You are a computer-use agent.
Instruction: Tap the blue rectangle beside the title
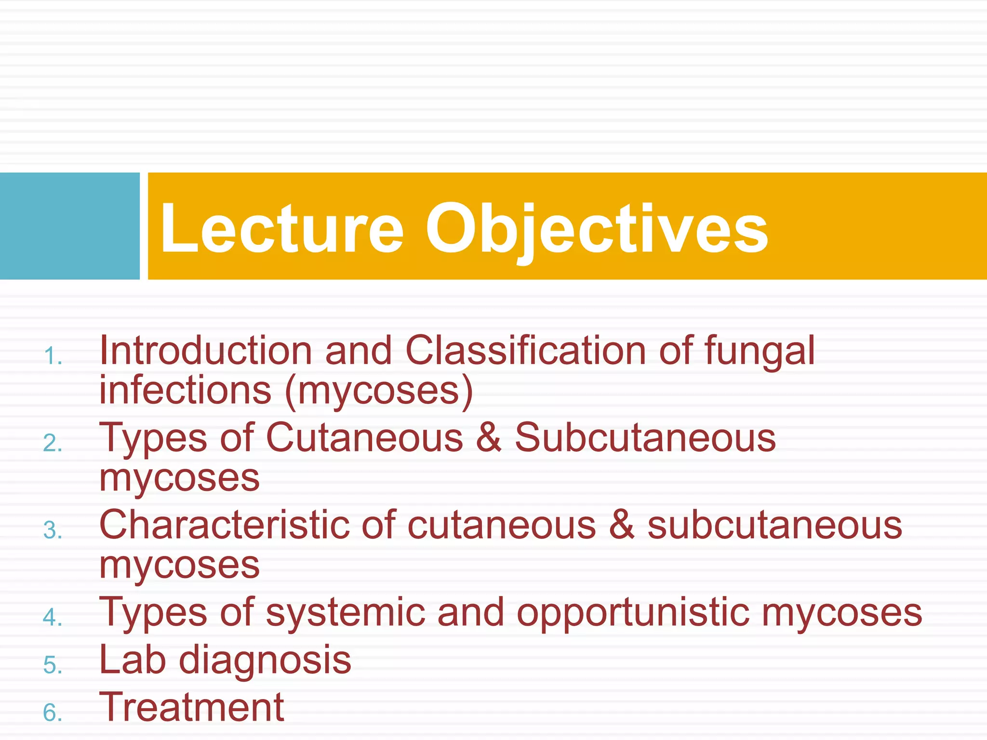coord(69,226)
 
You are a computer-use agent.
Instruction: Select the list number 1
coord(53,357)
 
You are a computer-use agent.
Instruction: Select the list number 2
coord(53,443)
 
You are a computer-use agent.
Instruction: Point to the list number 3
coord(53,530)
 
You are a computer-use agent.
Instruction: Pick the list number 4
coord(53,618)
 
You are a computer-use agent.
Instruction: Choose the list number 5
coord(53,665)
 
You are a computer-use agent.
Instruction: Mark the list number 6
coord(53,713)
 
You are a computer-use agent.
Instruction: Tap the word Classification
coord(525,350)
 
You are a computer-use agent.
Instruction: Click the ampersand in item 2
coord(489,437)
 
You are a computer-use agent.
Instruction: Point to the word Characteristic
coord(224,525)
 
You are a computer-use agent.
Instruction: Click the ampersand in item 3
coord(621,525)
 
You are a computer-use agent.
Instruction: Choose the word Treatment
coord(192,707)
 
